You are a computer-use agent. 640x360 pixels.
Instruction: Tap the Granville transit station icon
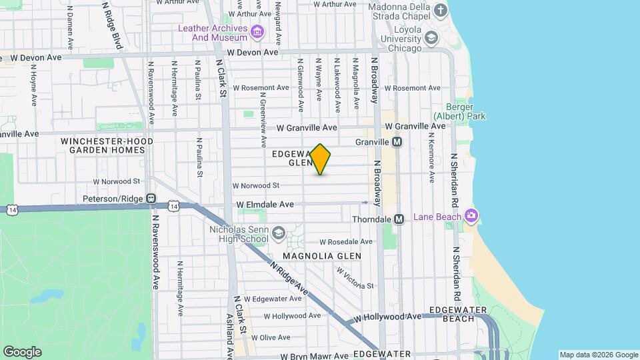coord(397,142)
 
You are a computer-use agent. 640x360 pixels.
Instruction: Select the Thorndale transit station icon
coord(399,219)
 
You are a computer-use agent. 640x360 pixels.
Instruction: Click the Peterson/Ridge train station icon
coord(151,199)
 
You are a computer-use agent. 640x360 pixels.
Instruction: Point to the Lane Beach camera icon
coord(471,215)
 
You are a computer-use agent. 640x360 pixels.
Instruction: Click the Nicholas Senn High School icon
coord(277,233)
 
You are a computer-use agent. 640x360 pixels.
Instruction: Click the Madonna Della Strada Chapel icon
coord(440,10)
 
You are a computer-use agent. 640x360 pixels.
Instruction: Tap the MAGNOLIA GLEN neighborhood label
coord(321,256)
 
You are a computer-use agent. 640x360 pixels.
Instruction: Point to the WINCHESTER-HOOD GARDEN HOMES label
coord(107,145)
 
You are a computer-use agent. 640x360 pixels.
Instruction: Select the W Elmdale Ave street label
coord(265,205)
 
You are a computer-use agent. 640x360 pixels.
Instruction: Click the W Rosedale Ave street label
coord(344,242)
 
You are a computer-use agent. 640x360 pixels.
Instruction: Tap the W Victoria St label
coord(355,279)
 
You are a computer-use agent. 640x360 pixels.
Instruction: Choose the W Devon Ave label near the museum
coord(252,52)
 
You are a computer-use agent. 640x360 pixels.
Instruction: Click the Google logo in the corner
coord(22,351)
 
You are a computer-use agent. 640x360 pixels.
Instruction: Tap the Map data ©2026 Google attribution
coord(599,355)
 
